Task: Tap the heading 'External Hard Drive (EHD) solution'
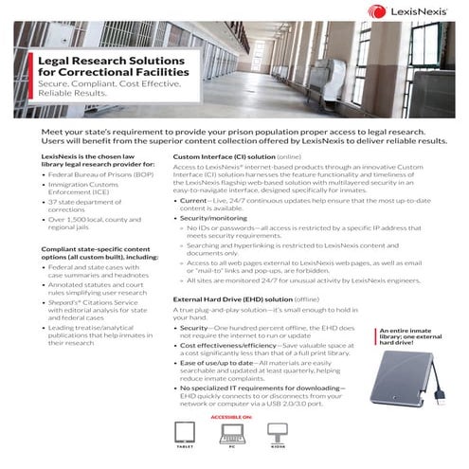coord(232,298)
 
